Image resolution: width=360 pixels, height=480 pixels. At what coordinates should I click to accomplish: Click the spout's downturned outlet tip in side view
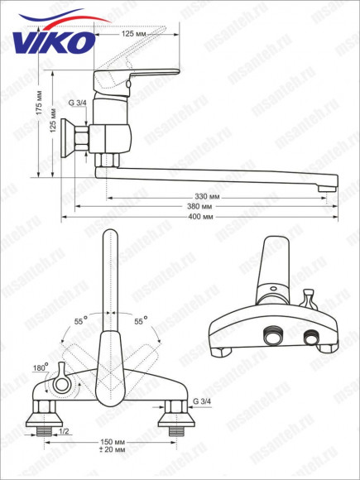tap(327, 189)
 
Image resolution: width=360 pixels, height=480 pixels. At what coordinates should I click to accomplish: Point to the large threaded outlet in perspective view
tap(270, 337)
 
